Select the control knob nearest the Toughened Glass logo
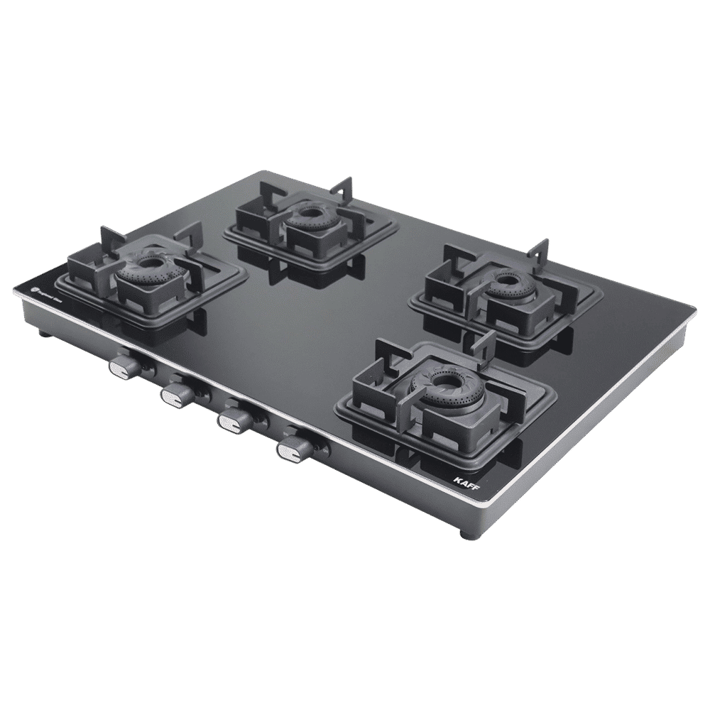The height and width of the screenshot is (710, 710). pos(125,365)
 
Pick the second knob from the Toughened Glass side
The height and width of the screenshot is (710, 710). pos(175,394)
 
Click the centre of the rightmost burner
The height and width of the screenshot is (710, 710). pos(506,282)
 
